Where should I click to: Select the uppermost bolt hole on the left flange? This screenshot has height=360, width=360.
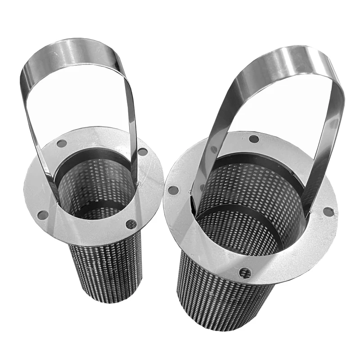(62, 144)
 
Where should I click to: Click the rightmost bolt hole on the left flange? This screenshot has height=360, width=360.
(143, 152)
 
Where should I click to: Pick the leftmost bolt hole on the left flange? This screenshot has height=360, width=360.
(43, 215)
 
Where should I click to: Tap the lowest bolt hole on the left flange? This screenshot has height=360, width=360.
(131, 224)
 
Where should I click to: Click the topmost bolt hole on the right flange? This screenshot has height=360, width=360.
(254, 139)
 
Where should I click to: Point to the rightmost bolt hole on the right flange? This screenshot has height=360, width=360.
(328, 211)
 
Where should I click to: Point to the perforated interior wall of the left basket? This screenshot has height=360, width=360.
(97, 189)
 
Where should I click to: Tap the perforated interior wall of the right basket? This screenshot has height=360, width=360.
(252, 193)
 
